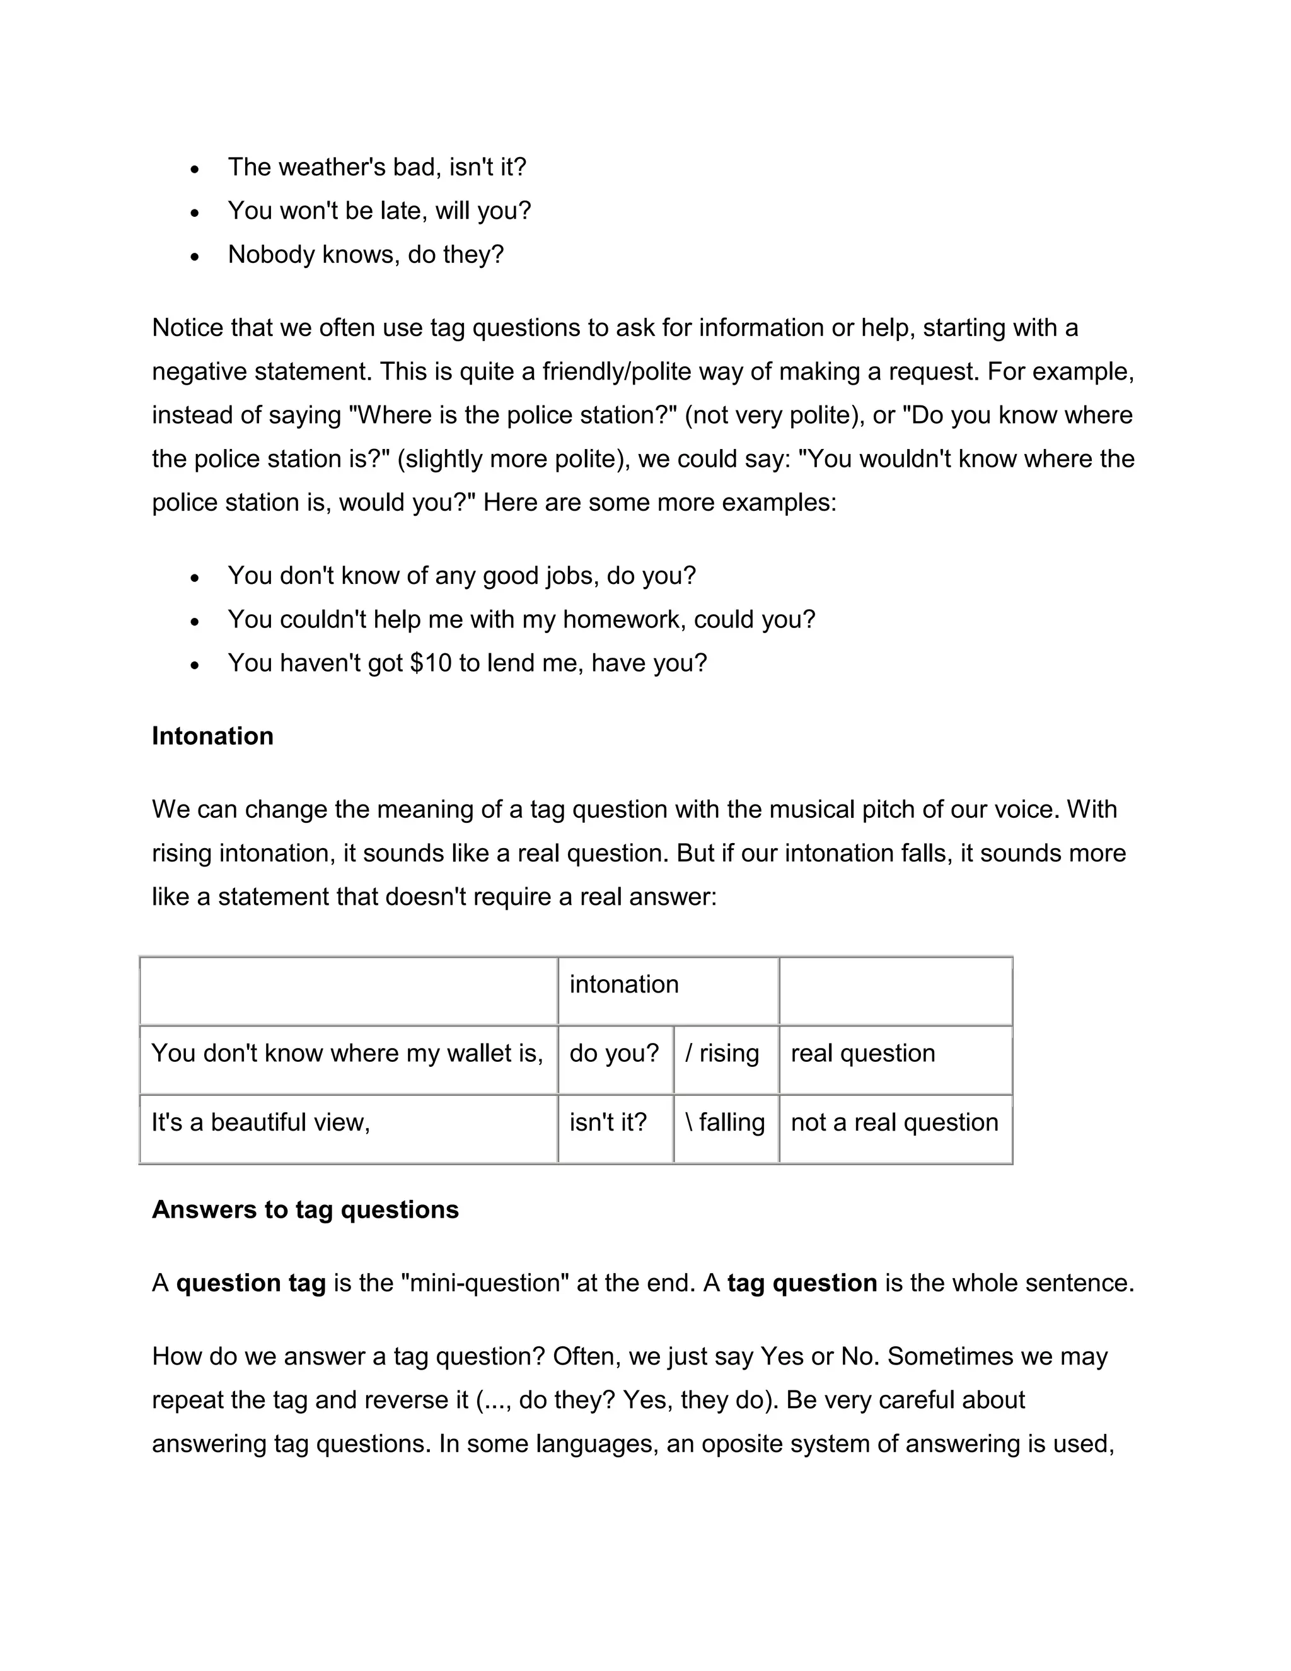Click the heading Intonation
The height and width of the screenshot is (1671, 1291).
(212, 736)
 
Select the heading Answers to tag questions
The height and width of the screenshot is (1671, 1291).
(305, 1209)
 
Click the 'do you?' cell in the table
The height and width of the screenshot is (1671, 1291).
(613, 1054)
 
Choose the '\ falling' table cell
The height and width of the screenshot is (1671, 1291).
(725, 1122)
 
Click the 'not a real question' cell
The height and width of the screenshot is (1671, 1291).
(894, 1122)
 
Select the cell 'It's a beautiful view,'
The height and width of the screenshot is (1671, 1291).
(261, 1122)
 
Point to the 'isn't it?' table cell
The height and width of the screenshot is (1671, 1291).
(608, 1122)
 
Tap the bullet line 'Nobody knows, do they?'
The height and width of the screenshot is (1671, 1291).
(366, 254)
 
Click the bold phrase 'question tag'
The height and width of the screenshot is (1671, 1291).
(251, 1283)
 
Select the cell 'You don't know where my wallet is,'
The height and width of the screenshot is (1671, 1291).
(347, 1054)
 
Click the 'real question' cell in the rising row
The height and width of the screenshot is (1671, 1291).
(863, 1054)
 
